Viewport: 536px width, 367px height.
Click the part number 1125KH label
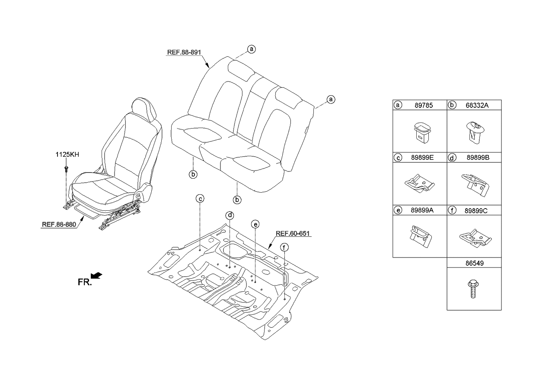coord(67,155)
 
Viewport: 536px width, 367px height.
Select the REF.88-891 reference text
coord(184,52)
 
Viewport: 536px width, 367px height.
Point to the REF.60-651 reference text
coord(293,233)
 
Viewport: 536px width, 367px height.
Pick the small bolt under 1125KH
coord(67,168)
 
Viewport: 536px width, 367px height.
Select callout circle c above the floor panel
coord(200,199)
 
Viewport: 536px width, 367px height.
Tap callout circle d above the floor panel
coord(230,215)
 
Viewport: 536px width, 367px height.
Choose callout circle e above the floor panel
coord(255,224)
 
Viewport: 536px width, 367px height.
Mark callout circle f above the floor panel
coord(284,248)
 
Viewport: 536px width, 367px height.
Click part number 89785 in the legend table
coord(423,105)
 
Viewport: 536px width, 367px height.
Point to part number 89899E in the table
coord(424,158)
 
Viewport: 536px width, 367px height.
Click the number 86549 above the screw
coord(474,263)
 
